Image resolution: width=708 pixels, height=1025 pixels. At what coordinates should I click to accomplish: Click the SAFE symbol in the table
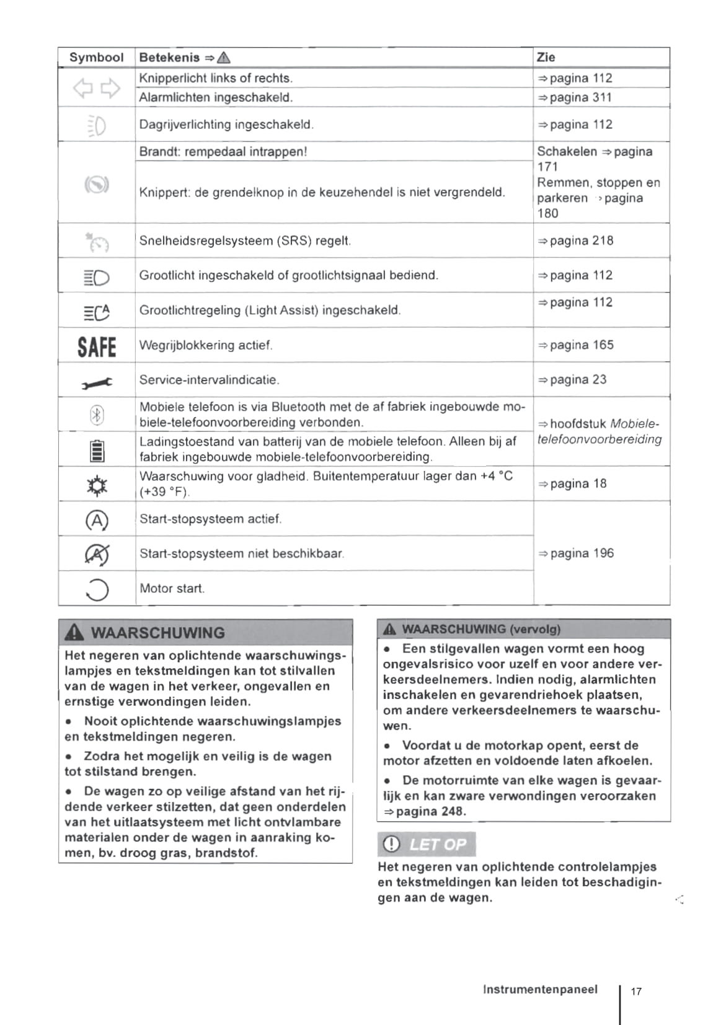(x=97, y=346)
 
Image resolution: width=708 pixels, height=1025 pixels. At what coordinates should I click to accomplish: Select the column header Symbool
(x=96, y=58)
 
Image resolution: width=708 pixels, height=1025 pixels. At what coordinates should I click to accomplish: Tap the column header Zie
(x=546, y=58)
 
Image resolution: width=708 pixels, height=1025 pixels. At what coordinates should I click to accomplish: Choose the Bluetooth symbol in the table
(x=97, y=415)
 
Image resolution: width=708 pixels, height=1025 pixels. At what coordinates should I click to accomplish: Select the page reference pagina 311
(x=575, y=97)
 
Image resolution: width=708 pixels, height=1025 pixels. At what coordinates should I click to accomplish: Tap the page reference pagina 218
(x=575, y=240)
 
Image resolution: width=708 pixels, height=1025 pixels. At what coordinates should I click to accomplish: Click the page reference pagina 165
(x=575, y=345)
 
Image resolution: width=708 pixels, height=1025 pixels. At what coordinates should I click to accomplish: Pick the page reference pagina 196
(x=575, y=553)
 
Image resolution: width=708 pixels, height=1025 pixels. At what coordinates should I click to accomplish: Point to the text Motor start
(x=172, y=589)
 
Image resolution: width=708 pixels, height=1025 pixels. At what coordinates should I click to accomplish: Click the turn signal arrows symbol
(x=97, y=89)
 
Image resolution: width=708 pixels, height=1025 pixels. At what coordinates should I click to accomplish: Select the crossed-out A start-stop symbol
(x=97, y=554)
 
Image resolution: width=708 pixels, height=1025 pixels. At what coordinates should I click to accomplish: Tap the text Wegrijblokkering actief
(x=206, y=345)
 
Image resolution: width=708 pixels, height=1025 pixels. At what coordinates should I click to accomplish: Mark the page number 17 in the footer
(x=636, y=991)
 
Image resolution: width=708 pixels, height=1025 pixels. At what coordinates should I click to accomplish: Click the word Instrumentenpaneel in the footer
(x=540, y=990)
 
